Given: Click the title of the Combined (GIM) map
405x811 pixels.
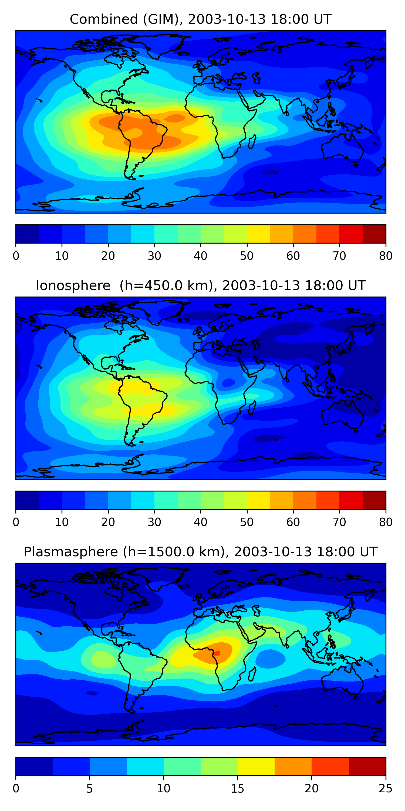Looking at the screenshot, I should (x=200, y=19).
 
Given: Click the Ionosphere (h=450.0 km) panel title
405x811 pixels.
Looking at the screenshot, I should (x=200, y=285).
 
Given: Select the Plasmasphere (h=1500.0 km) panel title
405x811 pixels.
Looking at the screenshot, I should (x=200, y=552).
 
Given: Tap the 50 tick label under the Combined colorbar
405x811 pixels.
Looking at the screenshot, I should (x=247, y=256).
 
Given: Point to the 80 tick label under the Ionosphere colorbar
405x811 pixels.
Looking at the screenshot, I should (x=386, y=522).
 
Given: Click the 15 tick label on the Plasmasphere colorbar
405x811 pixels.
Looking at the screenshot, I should (x=237, y=789).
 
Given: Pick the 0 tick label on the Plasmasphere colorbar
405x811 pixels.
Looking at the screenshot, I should (x=16, y=789).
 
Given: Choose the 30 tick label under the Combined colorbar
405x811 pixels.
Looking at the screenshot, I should (x=154, y=256).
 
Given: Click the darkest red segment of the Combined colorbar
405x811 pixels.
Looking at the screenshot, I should (x=374, y=234).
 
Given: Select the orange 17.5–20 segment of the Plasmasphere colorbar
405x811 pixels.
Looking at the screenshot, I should (x=293, y=766).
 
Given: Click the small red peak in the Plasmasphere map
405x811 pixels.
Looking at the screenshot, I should (x=217, y=653).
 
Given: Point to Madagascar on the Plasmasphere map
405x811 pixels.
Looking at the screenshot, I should (x=252, y=674).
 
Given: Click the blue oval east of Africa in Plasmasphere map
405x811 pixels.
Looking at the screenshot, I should (x=271, y=658).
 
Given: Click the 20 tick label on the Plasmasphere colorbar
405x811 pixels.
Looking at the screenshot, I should (x=311, y=789).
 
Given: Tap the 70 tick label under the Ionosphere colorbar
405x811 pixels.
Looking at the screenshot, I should (x=339, y=522).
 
